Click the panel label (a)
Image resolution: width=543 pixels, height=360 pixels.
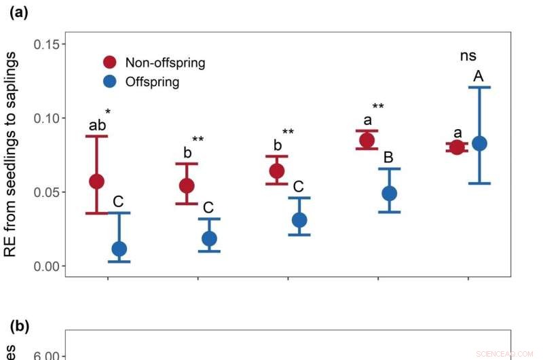pos(18,13)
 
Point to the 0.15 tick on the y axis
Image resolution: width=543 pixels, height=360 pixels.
pos(50,45)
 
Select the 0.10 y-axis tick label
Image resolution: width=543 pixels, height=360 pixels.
pos(50,118)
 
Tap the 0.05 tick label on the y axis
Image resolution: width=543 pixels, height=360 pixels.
pos(50,192)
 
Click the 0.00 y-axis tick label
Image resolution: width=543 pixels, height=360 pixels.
pos(50,266)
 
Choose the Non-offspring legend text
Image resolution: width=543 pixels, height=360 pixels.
pos(165,63)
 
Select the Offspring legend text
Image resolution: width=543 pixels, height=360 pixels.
pos(152,82)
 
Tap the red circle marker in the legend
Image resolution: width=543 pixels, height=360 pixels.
pos(110,62)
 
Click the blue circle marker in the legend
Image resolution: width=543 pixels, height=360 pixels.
pos(110,82)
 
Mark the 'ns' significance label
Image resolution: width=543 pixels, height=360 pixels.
pos(468,57)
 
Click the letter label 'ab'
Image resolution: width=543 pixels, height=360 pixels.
pos(97,125)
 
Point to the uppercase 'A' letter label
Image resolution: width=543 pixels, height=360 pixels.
pos(479,77)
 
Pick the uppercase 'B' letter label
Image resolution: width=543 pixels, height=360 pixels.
pos(388,158)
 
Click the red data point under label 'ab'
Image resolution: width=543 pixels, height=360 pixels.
pos(96,181)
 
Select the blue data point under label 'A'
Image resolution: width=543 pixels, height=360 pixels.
pos(479,143)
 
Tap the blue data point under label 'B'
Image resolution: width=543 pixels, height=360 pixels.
pos(389,193)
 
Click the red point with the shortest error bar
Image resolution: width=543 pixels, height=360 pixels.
pos(457,147)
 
